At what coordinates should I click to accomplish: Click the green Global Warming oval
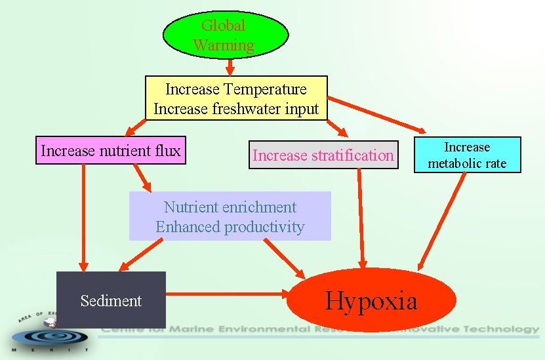tap(225, 35)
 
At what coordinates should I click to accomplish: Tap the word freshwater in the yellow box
tap(249, 108)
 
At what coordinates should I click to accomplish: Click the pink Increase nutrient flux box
tap(110, 151)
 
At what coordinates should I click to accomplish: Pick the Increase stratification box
tap(323, 155)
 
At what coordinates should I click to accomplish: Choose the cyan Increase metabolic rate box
tap(467, 155)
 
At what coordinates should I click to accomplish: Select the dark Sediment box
tap(111, 300)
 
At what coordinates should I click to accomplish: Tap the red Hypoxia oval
tap(371, 300)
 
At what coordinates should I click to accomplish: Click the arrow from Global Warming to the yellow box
tap(230, 68)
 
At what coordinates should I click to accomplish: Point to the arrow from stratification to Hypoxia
tap(360, 216)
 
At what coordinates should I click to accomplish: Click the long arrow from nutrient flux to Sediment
tap(83, 216)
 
